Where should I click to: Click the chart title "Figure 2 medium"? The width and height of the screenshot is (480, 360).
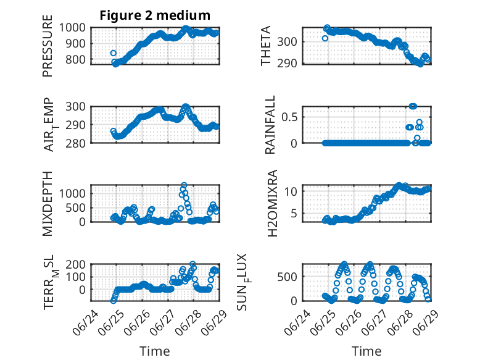(x=155, y=15)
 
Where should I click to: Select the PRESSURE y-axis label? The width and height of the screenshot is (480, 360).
(x=48, y=46)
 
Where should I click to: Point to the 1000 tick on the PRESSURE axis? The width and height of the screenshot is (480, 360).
(x=72, y=28)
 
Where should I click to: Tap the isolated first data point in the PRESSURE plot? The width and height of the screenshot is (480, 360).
(x=114, y=53)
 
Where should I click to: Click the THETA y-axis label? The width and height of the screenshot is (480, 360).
(x=266, y=46)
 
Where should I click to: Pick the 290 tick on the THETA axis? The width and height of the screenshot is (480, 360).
(x=287, y=64)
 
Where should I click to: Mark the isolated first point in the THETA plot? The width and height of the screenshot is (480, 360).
(x=325, y=38)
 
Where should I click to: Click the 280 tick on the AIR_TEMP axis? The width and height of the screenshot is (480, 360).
(x=75, y=143)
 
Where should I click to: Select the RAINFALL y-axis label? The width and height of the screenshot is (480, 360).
(x=270, y=125)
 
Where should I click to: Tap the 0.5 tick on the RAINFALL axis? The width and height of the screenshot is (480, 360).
(x=289, y=117)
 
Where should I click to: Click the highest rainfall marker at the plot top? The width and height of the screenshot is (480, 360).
(x=413, y=106)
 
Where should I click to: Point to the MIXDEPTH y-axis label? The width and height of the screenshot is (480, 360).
(x=48, y=204)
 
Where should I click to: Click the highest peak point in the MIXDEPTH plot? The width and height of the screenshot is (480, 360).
(x=184, y=185)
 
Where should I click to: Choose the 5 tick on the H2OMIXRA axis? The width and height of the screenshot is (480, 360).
(x=294, y=213)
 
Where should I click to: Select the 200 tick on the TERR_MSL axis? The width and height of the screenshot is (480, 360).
(x=75, y=264)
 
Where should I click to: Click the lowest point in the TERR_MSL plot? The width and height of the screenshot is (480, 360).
(x=114, y=301)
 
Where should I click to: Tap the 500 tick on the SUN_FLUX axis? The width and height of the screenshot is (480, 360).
(x=287, y=277)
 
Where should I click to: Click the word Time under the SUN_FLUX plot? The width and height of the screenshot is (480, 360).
(x=366, y=351)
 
